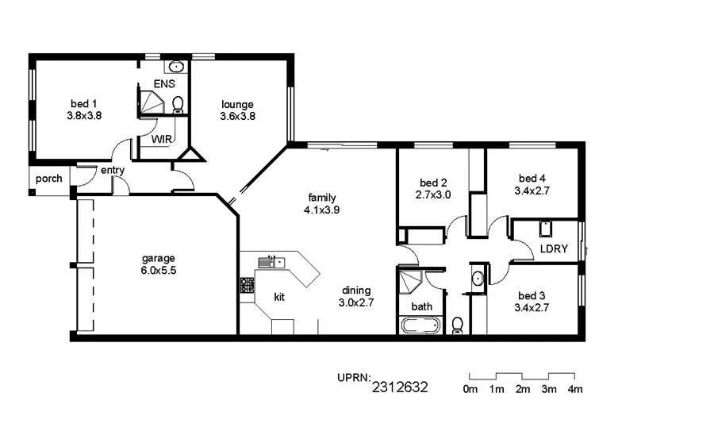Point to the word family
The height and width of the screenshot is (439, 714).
tap(321, 198)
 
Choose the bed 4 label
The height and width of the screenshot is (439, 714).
tap(532, 178)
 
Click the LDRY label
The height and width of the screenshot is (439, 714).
tap(554, 248)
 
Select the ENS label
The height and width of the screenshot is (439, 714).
tap(163, 83)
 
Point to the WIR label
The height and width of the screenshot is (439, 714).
tap(162, 139)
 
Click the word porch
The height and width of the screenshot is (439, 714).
tap(49, 179)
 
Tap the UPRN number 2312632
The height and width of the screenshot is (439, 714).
tap(400, 387)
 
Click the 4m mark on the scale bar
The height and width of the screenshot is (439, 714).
tap(574, 389)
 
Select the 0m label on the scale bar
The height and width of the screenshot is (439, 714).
tap(470, 389)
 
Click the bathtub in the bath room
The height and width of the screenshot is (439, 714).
tap(420, 325)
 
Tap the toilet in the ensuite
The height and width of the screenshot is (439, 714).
tap(178, 104)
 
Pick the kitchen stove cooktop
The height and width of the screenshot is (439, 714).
tap(246, 285)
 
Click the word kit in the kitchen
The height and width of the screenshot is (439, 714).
tap(279, 297)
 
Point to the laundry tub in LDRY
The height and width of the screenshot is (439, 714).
tap(545, 229)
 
